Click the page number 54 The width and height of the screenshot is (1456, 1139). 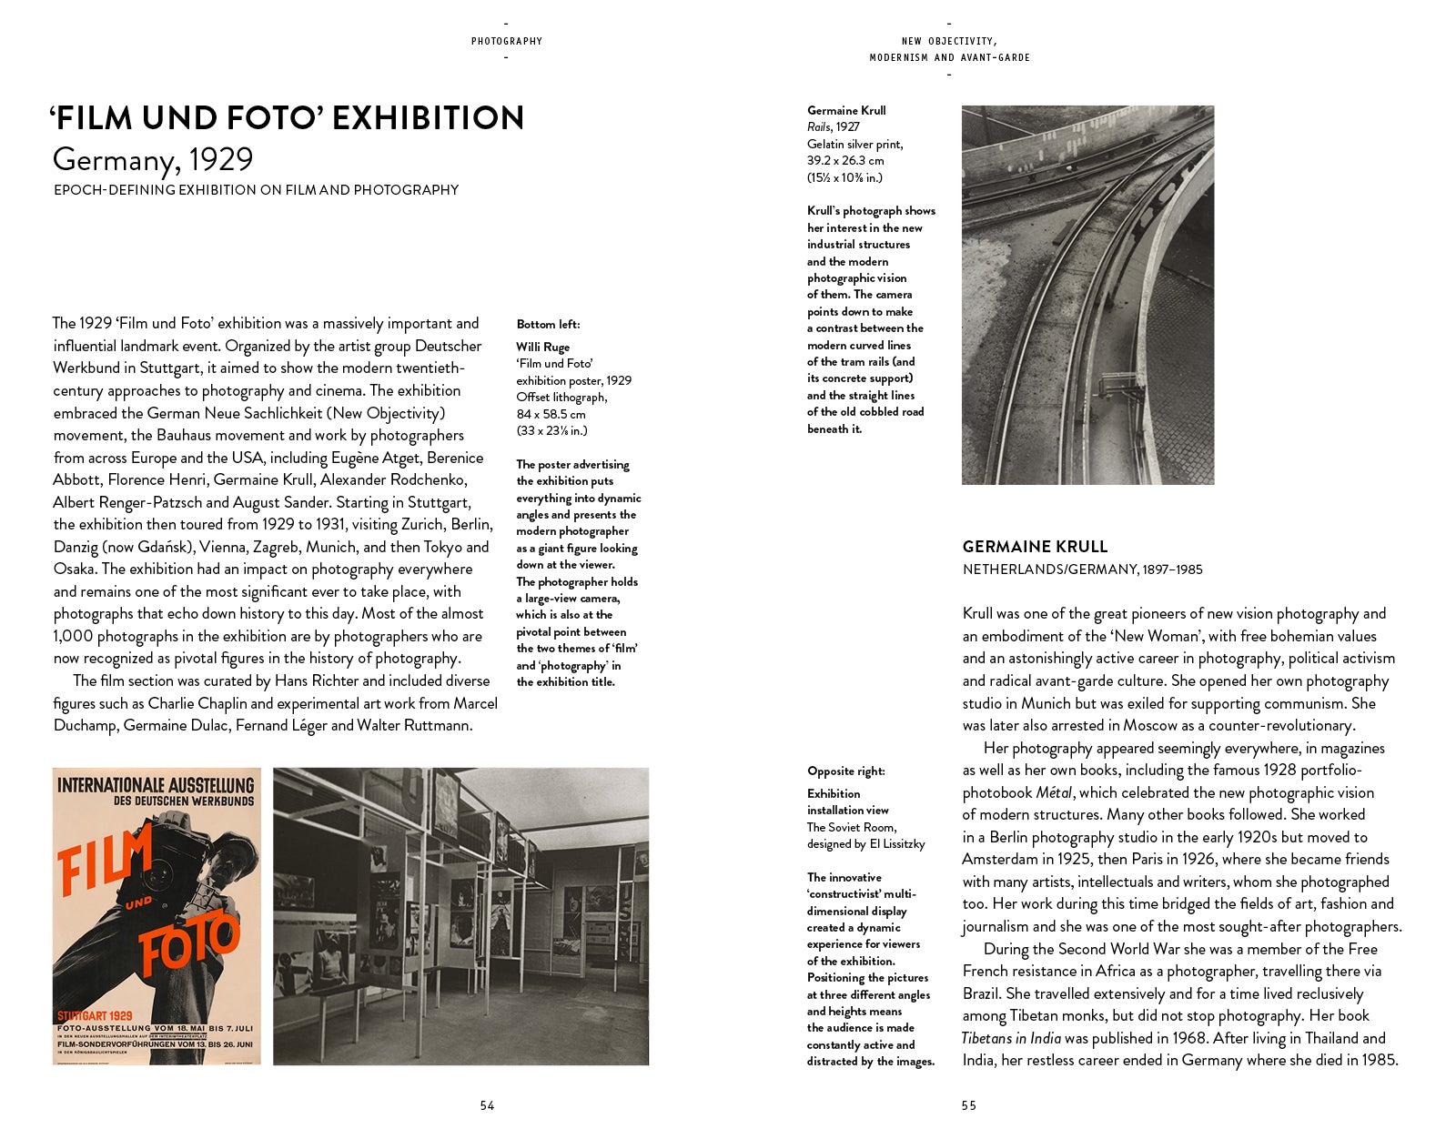click(487, 1105)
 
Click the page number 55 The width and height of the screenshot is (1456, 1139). click(968, 1105)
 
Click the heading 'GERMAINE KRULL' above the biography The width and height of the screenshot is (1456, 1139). click(1035, 547)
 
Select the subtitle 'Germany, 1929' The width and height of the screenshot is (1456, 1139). click(153, 160)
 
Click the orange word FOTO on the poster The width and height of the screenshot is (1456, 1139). click(190, 945)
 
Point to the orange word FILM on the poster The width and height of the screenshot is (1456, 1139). click(103, 857)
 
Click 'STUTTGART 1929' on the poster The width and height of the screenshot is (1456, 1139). click(95, 1015)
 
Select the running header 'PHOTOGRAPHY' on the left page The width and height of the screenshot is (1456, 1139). click(506, 41)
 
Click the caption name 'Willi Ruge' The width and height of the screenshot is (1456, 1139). click(542, 347)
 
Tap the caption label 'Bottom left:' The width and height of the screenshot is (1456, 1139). click(548, 325)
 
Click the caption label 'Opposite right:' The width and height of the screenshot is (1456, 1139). click(845, 771)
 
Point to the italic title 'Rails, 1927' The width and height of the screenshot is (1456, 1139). click(833, 127)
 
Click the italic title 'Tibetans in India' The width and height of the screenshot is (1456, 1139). click(1011, 1038)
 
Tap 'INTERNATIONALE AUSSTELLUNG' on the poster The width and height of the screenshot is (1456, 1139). click(156, 784)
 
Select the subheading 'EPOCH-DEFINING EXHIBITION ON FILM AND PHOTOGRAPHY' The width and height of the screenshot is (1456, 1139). click(256, 190)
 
